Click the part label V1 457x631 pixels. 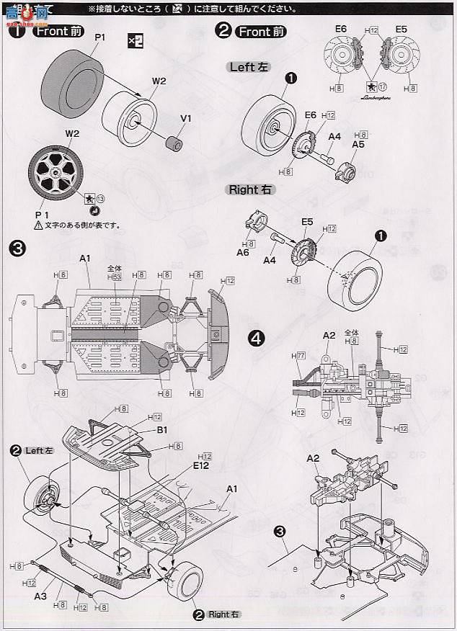pos(185,118)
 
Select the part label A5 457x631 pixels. pos(358,144)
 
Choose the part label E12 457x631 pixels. pos(201,466)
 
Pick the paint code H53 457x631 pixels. pos(113,277)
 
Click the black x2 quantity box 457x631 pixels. pos(135,40)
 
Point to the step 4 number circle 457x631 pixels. pos(257,339)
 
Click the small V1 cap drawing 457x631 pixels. pos(173,143)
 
